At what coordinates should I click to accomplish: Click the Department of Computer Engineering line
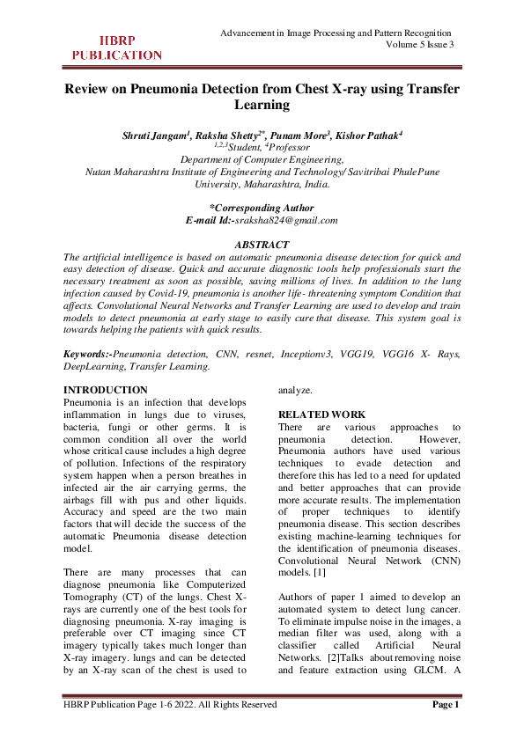[262, 159]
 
